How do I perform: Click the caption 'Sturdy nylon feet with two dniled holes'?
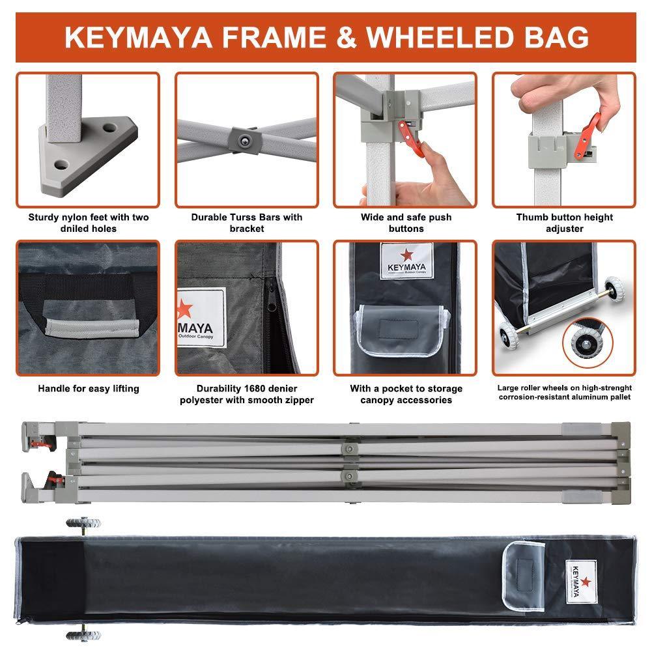[88, 223]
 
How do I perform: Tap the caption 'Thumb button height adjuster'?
[564, 223]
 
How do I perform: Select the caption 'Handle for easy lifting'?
[88, 389]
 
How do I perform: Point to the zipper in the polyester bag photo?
[269, 306]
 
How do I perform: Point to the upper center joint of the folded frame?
[350, 449]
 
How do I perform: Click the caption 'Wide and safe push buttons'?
[405, 223]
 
